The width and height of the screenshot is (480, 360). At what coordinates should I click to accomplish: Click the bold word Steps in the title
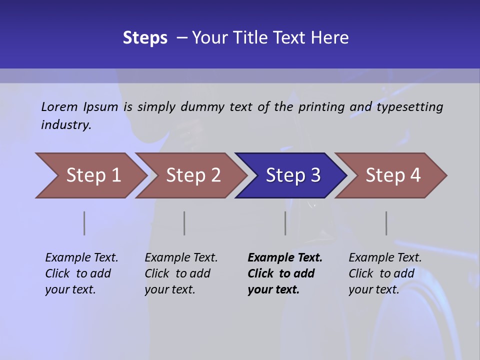click(145, 38)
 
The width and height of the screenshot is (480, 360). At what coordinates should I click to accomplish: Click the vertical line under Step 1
click(84, 223)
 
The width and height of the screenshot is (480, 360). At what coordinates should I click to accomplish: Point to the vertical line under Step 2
click(184, 223)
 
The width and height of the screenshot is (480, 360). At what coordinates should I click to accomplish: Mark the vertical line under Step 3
click(285, 223)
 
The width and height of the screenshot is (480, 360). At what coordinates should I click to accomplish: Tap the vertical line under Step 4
click(386, 223)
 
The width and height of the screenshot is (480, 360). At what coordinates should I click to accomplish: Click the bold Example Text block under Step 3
click(285, 273)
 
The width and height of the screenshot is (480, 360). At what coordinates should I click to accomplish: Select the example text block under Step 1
click(81, 273)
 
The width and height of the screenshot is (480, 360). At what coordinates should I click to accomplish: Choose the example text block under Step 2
click(181, 273)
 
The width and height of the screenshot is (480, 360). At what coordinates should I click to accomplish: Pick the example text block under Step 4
click(385, 273)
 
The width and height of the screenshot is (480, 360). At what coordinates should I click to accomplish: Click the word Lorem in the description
click(59, 106)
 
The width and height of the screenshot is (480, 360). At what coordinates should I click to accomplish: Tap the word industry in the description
click(65, 124)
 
